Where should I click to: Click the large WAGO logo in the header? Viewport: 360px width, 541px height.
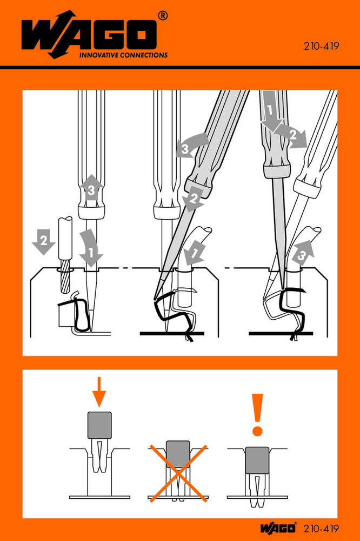pos(89,35)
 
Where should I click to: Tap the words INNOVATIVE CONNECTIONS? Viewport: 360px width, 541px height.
pos(123,55)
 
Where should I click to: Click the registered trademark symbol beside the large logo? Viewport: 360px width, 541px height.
pos(163,16)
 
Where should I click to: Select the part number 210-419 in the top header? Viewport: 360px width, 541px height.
pos(322,46)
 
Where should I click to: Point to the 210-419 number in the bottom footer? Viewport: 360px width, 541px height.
pos(321,529)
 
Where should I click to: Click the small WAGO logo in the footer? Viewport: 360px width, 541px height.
pos(278,528)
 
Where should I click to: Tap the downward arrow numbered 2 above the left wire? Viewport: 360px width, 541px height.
pos(43,242)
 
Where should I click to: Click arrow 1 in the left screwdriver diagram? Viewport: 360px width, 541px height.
pos(91,248)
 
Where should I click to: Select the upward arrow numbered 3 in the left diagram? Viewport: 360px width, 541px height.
pos(91,189)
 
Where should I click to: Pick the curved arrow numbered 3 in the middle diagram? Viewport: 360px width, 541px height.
pos(191,146)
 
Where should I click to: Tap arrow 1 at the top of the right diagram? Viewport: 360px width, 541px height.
pos(271,111)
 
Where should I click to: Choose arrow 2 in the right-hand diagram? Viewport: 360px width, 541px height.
pos(292,135)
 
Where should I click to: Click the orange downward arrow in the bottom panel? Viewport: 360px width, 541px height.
pos(99,392)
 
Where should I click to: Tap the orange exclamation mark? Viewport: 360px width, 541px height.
pos(257,415)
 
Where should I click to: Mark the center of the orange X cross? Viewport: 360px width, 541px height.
pos(178,473)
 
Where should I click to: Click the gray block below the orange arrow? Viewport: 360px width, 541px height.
pos(99,425)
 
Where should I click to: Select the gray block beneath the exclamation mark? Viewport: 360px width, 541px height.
pos(257,460)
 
